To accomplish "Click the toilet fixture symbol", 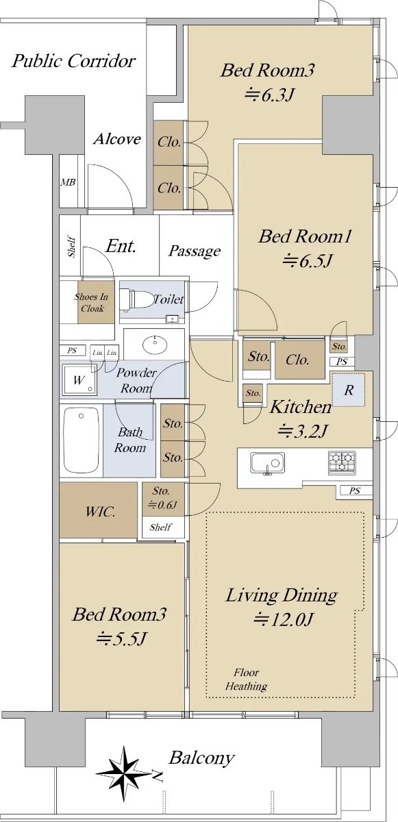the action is [136, 299].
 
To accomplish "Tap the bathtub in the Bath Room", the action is [82, 440].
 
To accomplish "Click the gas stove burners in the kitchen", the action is [342, 461].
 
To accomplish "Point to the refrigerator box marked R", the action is [349, 390].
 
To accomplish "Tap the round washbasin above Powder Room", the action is [155, 345].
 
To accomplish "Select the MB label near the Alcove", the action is [68, 182].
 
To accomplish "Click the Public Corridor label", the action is [73, 61].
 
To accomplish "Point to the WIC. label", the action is [100, 511].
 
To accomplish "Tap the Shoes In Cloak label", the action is [91, 302].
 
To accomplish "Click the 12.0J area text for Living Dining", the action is [283, 620].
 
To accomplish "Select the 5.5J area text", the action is [121, 639].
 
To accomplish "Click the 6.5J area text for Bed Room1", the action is [308, 261].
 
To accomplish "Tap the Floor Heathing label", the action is [246, 680].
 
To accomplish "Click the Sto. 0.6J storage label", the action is [162, 498].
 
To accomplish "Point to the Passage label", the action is [195, 251].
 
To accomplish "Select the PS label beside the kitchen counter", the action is [354, 490].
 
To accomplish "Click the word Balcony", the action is [201, 758].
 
